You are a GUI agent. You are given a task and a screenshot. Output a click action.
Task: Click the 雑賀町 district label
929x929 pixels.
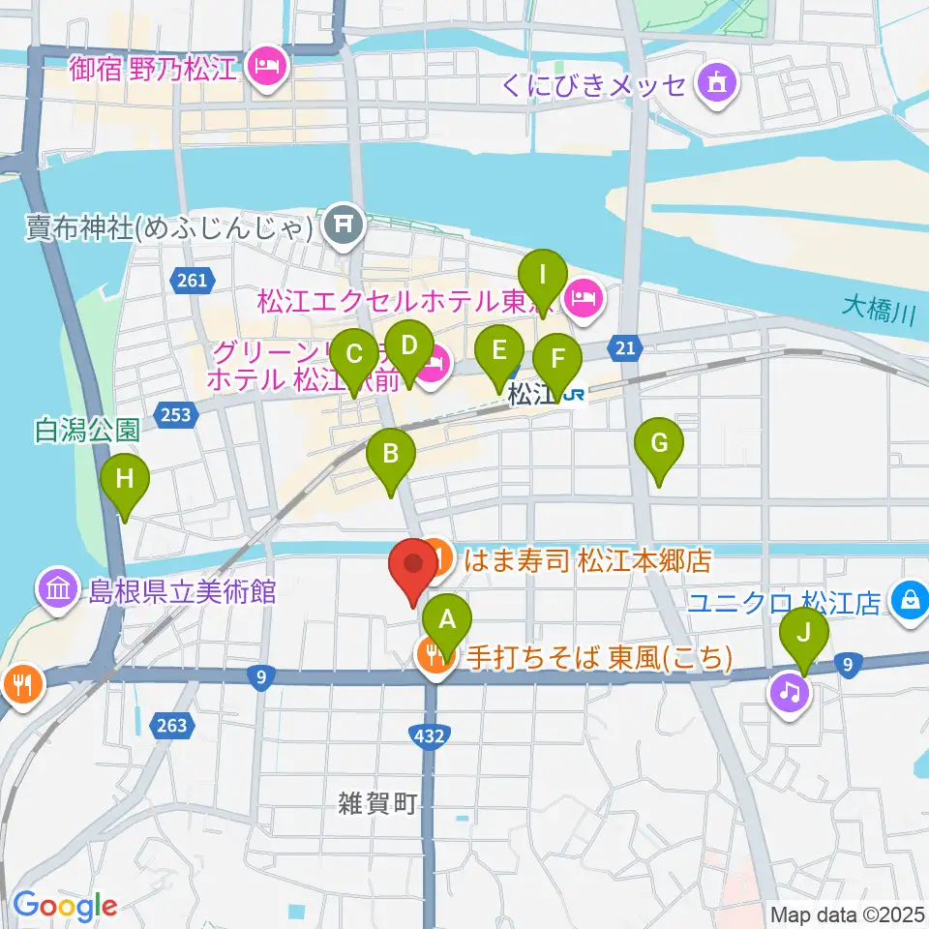(x=376, y=801)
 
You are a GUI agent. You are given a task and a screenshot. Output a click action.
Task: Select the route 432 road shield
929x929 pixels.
(x=430, y=737)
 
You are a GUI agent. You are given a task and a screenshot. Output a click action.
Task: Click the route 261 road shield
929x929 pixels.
(x=192, y=281)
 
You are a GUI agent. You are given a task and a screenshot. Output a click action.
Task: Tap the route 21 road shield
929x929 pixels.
(x=627, y=348)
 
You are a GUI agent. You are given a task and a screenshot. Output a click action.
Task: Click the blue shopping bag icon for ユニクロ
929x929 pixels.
(x=910, y=602)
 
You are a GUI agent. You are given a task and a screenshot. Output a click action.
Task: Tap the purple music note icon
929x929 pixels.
(x=790, y=691)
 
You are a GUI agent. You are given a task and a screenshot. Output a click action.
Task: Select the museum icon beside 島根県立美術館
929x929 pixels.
(x=57, y=588)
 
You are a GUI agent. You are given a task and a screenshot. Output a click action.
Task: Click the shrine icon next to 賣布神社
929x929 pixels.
(x=342, y=226)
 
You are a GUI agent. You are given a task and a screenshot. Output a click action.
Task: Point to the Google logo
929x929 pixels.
(x=65, y=906)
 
